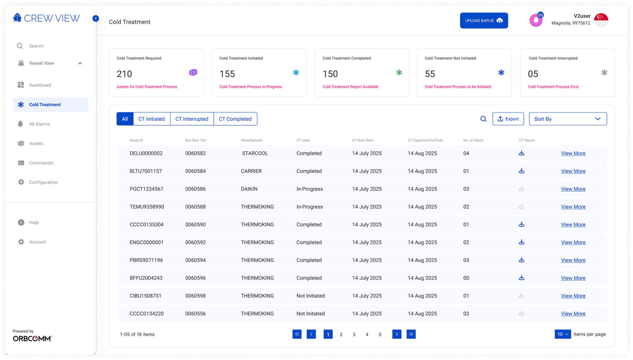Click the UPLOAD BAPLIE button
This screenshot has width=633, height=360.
(x=484, y=20)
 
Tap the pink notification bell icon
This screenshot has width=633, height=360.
(x=536, y=20)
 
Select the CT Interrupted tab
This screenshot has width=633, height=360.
(x=192, y=119)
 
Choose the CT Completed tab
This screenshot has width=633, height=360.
(x=235, y=119)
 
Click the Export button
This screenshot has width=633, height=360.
(x=508, y=119)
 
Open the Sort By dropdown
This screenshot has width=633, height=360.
(x=568, y=119)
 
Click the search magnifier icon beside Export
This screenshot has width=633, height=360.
(x=483, y=119)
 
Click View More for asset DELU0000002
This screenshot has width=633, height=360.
(x=573, y=153)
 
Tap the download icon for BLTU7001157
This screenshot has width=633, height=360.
(x=522, y=171)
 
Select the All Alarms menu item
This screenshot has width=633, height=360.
(x=39, y=124)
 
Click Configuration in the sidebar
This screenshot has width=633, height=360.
(x=43, y=182)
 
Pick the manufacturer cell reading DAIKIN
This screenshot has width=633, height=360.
(x=249, y=189)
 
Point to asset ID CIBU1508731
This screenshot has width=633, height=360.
(x=145, y=296)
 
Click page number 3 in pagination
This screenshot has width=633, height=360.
(x=354, y=334)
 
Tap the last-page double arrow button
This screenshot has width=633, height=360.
(x=411, y=334)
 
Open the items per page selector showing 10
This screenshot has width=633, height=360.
(x=562, y=334)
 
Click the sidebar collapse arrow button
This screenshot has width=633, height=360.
(x=96, y=18)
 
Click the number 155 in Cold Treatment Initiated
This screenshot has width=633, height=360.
(x=227, y=74)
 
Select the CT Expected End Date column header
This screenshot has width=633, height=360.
(x=425, y=140)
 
